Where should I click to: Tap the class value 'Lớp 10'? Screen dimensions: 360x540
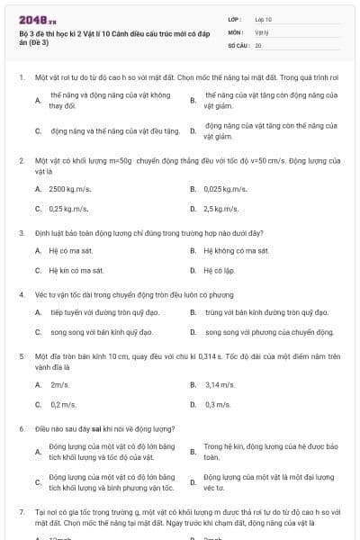(264, 19)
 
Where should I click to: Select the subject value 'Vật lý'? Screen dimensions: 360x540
(262, 31)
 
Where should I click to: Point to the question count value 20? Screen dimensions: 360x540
(258, 44)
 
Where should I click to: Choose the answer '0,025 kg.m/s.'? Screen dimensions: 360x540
(225, 190)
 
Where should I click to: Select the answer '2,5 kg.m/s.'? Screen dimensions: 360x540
(220, 209)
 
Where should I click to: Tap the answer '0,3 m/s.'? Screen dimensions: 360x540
(218, 404)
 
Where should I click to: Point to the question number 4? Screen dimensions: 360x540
(21, 294)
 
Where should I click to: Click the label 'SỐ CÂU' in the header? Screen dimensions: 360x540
(238, 44)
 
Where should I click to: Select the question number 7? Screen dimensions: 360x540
(21, 511)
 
